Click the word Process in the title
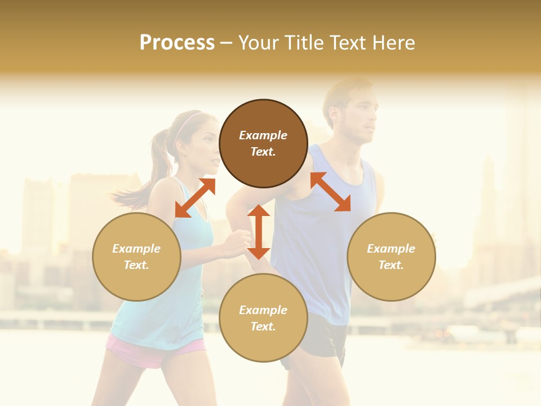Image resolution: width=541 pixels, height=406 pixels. (x=177, y=42)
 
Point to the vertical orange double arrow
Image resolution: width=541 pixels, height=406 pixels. (x=259, y=232)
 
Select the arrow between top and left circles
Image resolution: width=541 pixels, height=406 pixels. (x=195, y=198)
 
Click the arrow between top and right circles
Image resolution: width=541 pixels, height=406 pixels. (x=330, y=192)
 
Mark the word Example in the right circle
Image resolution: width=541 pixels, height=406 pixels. (x=391, y=249)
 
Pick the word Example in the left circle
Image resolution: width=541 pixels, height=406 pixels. (x=136, y=249)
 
